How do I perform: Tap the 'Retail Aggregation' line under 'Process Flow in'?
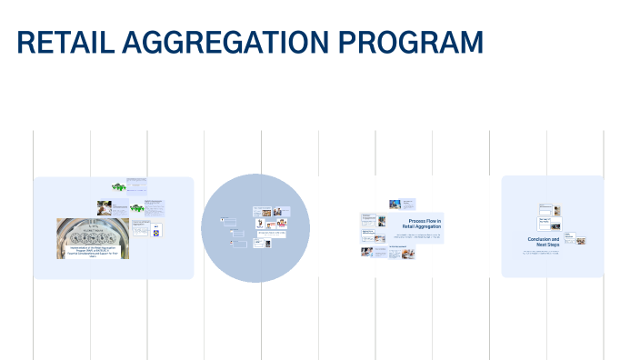click(421, 227)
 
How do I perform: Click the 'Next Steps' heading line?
click(544, 245)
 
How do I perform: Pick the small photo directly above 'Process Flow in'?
click(395, 205)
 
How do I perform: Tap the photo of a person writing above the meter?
click(106, 207)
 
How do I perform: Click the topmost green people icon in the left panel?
click(117, 185)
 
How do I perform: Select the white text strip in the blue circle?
click(271, 234)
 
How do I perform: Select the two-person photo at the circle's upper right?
click(283, 222)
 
